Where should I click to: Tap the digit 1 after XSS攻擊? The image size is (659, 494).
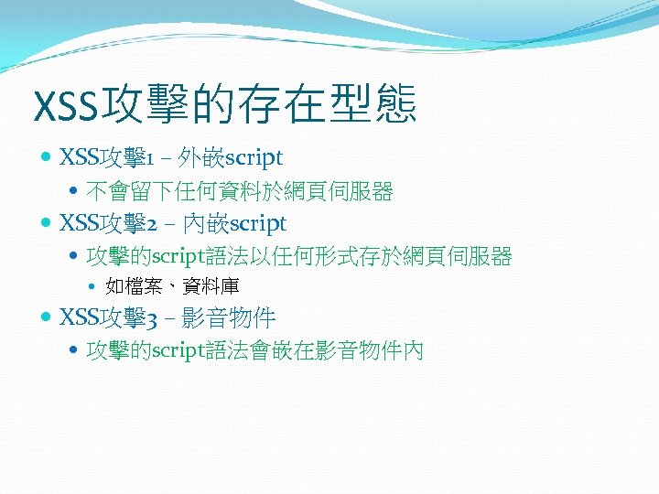[149, 158]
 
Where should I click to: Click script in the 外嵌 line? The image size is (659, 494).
[255, 158]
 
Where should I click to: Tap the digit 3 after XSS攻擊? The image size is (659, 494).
[150, 318]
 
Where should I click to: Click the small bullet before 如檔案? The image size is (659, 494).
[96, 287]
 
